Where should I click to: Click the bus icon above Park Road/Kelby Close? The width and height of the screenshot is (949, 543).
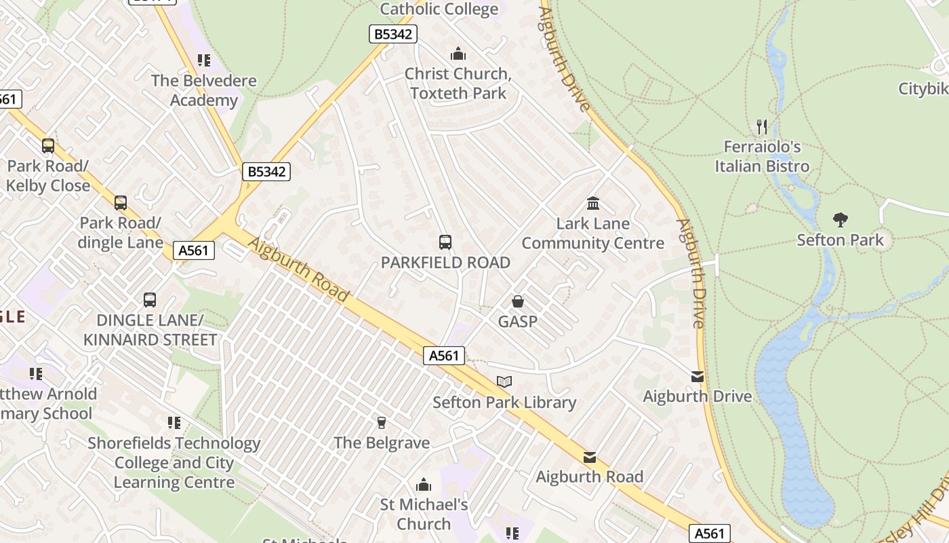click(x=47, y=145)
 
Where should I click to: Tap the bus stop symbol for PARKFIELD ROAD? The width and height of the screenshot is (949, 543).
click(x=445, y=242)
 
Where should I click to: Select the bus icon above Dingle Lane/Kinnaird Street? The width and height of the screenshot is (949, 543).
click(x=150, y=299)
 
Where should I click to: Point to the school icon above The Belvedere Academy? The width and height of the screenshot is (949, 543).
click(x=204, y=60)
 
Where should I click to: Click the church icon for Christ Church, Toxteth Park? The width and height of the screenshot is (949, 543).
click(x=458, y=54)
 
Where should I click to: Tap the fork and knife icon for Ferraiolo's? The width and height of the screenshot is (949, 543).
click(x=762, y=126)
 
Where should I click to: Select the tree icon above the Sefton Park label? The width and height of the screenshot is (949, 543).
click(x=841, y=219)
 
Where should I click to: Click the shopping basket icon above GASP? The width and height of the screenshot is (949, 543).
click(x=518, y=301)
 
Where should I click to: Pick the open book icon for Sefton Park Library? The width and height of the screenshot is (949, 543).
click(x=504, y=382)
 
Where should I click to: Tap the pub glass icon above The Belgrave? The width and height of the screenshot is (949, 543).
click(x=381, y=423)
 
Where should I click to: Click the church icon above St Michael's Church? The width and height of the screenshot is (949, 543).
click(x=424, y=485)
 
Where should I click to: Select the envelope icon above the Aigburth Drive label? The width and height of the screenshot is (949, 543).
click(x=698, y=377)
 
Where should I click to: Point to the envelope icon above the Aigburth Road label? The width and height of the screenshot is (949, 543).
click(x=590, y=457)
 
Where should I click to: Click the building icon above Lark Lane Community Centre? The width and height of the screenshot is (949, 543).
click(x=593, y=203)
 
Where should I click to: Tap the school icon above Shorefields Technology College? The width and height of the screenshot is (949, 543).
click(x=174, y=423)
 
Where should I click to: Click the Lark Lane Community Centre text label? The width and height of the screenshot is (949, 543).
click(x=592, y=233)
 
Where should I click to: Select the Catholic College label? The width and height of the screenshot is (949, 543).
click(x=439, y=9)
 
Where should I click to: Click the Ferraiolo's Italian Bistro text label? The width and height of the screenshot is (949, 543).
click(x=762, y=157)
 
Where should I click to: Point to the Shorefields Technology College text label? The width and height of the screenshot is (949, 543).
click(x=174, y=463)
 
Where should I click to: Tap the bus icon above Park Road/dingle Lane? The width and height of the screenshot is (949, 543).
click(x=121, y=202)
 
